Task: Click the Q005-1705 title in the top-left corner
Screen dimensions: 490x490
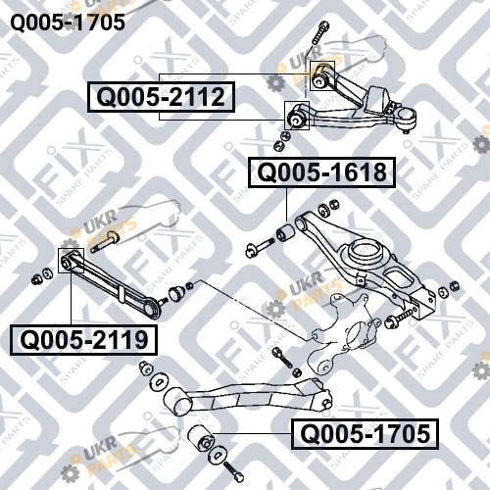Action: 68,23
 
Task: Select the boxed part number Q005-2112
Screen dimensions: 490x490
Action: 161,97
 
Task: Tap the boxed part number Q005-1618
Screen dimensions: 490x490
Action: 321,172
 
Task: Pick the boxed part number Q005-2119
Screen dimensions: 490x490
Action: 83,340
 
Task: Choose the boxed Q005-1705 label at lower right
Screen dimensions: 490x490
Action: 365,434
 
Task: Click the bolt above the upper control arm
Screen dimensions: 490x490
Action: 319,33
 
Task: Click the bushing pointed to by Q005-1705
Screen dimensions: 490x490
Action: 201,438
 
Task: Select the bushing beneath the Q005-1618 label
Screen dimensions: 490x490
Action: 285,231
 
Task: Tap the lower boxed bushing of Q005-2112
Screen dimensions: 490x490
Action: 297,116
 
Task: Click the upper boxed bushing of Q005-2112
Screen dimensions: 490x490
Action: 322,75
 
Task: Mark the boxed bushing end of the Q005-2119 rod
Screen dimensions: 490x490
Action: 71,261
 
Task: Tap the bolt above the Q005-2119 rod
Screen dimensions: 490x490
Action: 105,241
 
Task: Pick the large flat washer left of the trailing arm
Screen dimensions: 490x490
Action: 159,381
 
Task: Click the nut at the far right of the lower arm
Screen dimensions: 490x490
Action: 454,286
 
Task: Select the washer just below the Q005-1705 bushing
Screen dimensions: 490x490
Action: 217,455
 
